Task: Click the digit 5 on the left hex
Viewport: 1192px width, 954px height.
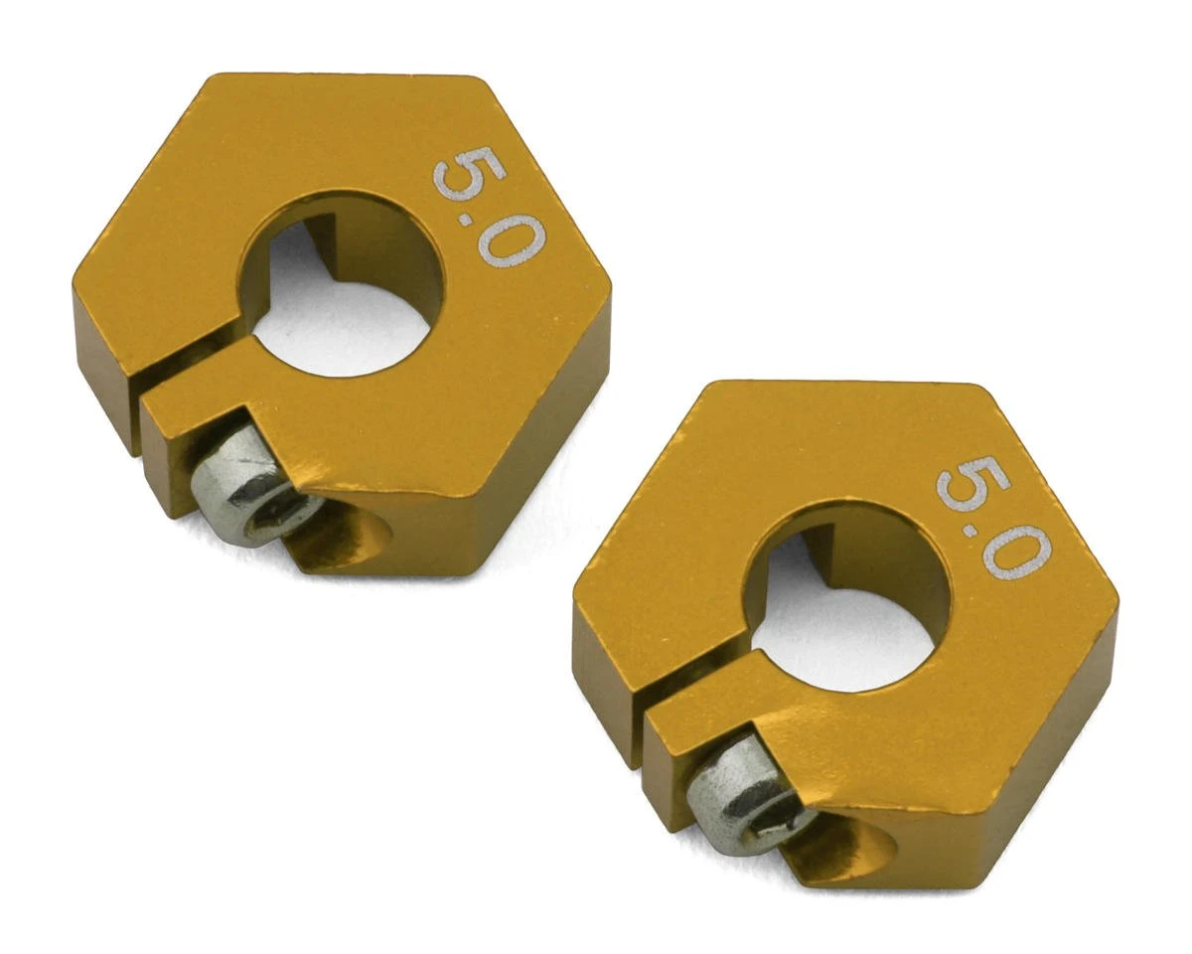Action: [x=468, y=174]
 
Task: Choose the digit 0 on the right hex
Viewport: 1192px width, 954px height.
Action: [x=1016, y=550]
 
